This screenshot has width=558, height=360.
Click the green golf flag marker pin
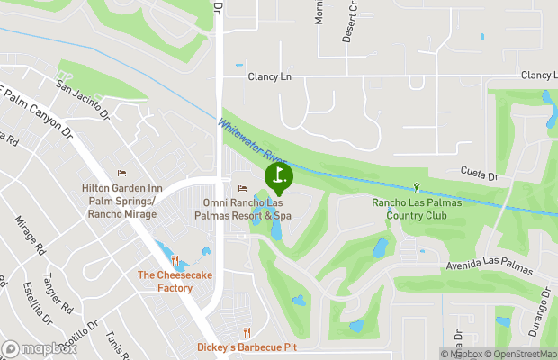[278, 175]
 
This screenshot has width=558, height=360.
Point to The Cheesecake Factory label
[165, 282]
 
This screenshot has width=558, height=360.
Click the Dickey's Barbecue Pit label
[247, 346]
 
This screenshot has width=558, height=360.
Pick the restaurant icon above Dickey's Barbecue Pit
[247, 331]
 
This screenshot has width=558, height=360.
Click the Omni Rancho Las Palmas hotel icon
[241, 188]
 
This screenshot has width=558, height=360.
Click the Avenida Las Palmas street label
[484, 266]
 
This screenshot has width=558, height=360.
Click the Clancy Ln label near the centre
[270, 77]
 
